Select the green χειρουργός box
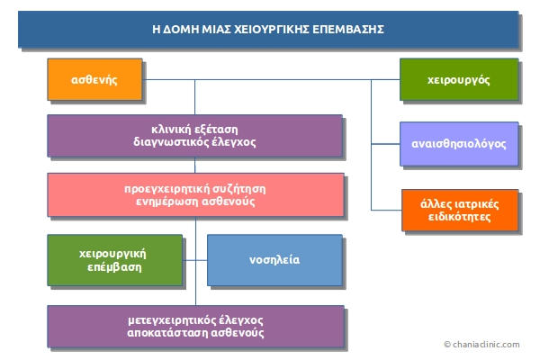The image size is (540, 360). click(459, 80)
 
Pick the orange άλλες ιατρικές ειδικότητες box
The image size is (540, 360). click(459, 210)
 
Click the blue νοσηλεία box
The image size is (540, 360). click(274, 260)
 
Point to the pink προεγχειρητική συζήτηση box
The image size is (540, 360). click(194, 195)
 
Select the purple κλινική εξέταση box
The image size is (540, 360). click(194, 135)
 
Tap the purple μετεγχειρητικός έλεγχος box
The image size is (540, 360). click(194, 326)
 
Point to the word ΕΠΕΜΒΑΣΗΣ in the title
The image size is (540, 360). click(348, 30)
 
